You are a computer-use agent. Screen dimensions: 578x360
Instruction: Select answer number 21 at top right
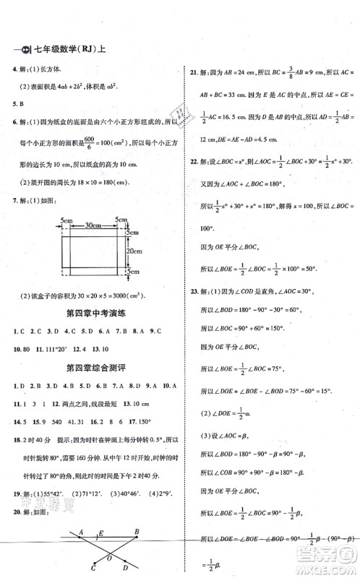point(193,73)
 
